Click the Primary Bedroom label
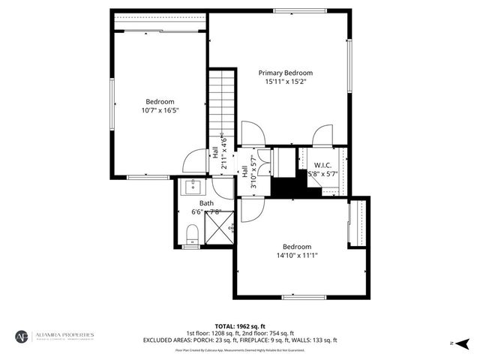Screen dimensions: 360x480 click(285, 73)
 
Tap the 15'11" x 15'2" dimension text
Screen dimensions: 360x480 click(285, 82)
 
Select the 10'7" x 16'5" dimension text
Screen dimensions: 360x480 click(160, 110)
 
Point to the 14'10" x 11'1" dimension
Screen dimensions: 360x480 click(296, 255)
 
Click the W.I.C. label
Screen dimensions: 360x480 click(323, 165)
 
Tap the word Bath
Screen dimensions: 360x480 click(206, 203)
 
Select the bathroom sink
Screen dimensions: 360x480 click(192, 186)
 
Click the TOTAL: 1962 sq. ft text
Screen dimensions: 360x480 click(240, 326)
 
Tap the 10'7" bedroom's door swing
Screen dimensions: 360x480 click(196, 161)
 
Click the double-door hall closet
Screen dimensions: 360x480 click(283, 161)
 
